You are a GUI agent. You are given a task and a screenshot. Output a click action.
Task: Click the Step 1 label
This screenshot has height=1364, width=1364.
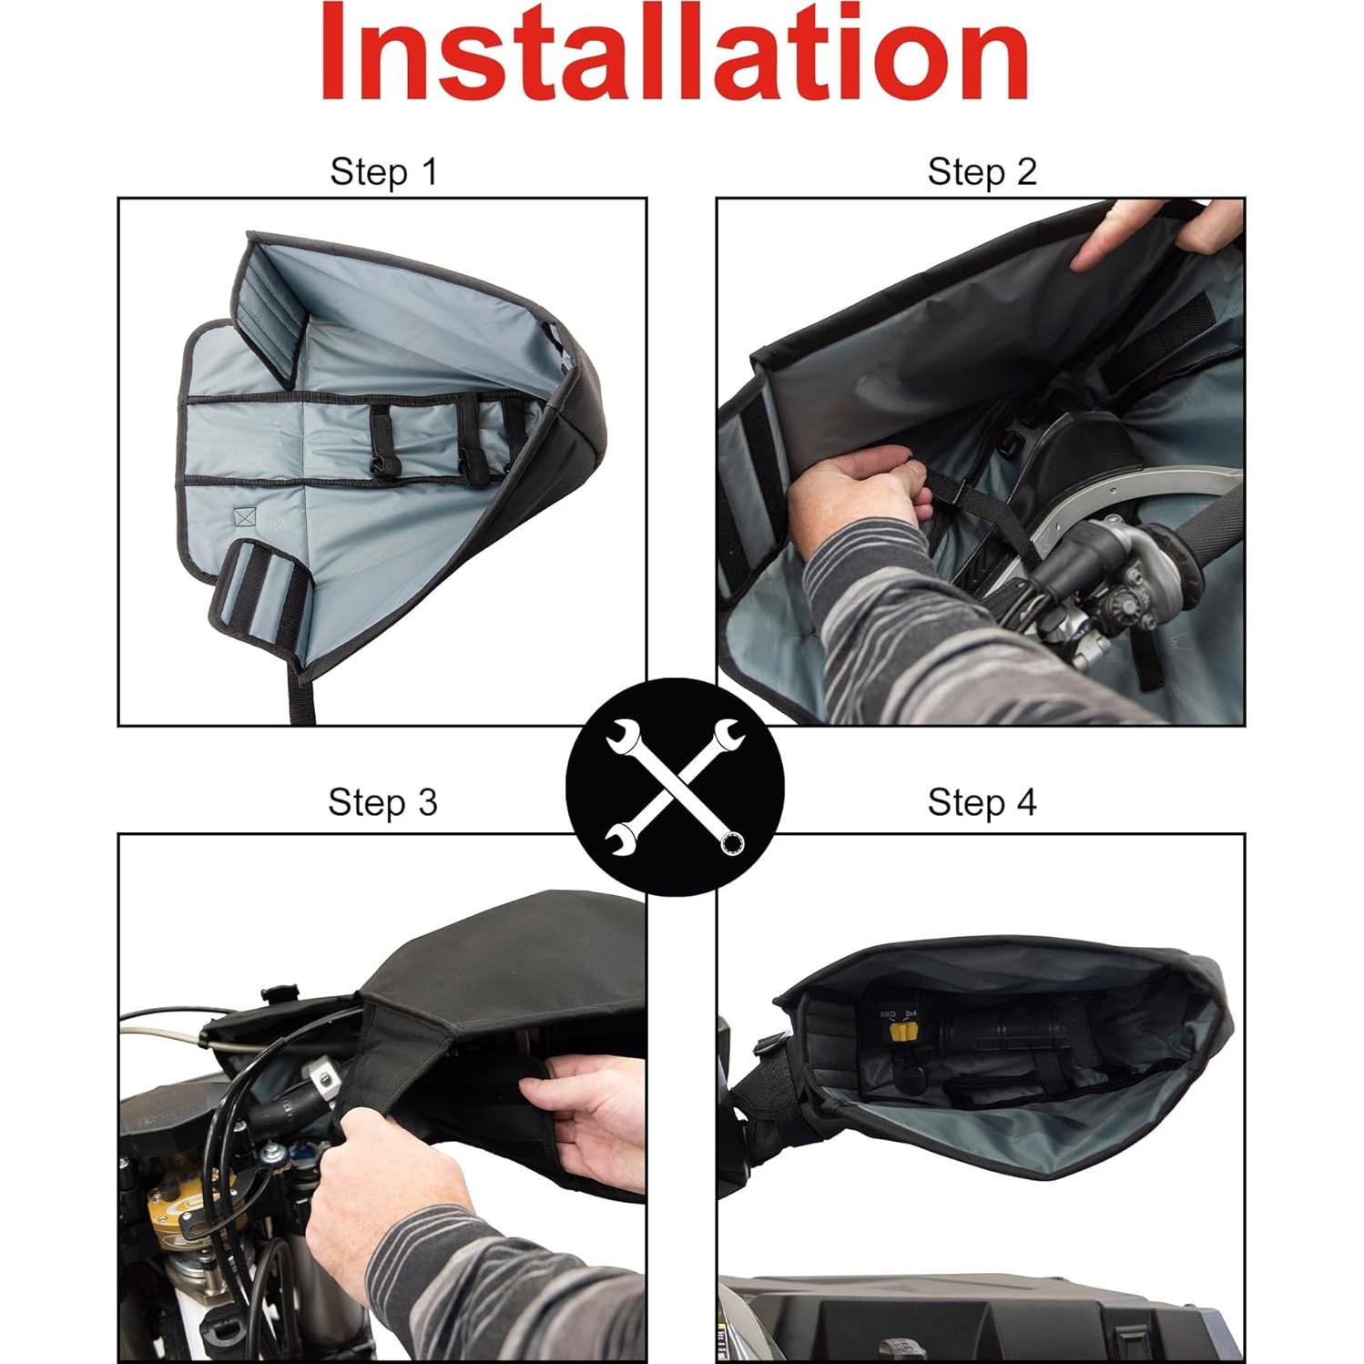click(x=383, y=171)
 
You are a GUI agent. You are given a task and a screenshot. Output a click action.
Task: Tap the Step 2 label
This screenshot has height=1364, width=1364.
click(x=982, y=171)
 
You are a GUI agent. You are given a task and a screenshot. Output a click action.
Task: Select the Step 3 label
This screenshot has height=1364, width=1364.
click(x=382, y=802)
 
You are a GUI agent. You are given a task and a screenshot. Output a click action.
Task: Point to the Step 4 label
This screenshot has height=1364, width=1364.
click(x=982, y=802)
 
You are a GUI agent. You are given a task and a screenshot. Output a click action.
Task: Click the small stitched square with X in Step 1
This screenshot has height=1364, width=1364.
click(x=244, y=517)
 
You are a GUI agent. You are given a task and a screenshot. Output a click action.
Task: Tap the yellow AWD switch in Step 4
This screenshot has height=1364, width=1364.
click(x=902, y=1031)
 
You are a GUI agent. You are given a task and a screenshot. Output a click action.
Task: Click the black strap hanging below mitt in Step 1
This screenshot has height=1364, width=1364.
click(x=303, y=701)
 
